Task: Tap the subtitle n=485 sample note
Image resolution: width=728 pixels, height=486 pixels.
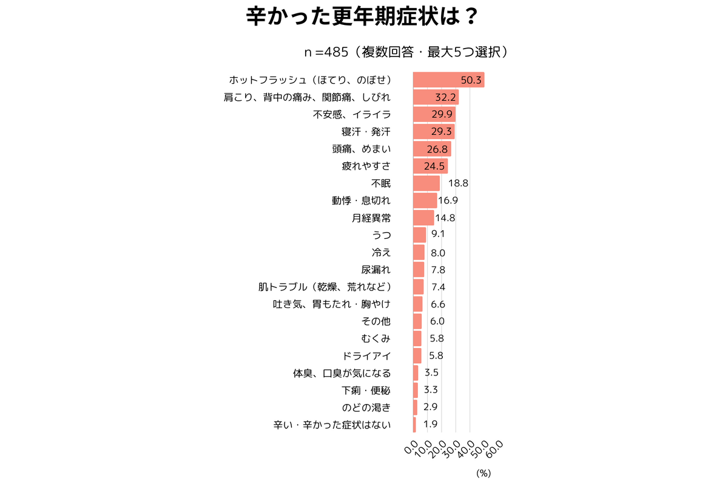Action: click(406, 52)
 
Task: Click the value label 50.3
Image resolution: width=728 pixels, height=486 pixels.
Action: click(471, 80)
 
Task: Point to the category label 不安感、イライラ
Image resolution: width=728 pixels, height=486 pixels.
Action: click(352, 114)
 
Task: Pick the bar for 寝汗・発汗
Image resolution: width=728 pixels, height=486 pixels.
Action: click(433, 131)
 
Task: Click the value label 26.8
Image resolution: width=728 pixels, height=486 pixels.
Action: click(437, 149)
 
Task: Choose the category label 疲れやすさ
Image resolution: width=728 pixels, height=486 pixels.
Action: click(366, 166)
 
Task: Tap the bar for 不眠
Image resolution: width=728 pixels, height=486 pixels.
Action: click(426, 183)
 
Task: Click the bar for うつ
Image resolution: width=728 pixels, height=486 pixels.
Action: click(419, 234)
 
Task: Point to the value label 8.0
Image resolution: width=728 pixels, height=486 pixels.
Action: click(438, 252)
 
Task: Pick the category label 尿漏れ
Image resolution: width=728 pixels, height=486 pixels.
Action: click(376, 269)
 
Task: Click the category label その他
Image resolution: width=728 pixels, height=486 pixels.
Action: click(376, 321)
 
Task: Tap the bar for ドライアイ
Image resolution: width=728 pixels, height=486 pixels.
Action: click(417, 355)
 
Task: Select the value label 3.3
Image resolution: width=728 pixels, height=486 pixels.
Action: click(431, 390)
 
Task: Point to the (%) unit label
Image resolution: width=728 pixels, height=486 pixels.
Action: click(483, 472)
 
